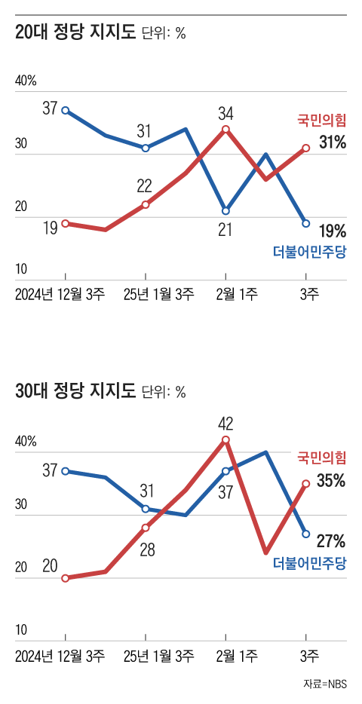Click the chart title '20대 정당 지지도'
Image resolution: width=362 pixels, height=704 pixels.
[x=75, y=33]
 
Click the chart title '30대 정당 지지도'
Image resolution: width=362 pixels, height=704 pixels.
[x=75, y=391]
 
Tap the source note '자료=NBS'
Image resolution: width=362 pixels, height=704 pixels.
[x=325, y=684]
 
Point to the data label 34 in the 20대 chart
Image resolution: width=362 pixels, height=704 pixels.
[x=225, y=114]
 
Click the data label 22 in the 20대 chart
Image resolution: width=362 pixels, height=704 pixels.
[x=145, y=186]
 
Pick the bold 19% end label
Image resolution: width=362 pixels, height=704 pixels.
[x=332, y=231]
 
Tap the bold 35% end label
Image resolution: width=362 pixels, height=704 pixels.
[x=331, y=480]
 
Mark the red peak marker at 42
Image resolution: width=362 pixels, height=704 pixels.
[x=225, y=439]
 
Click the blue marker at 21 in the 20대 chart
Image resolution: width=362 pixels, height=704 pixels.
[x=225, y=211]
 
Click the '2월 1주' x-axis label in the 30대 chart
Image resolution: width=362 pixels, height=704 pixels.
[x=225, y=653]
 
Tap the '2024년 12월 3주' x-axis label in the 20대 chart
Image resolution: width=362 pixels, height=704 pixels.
[x=60, y=293]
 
